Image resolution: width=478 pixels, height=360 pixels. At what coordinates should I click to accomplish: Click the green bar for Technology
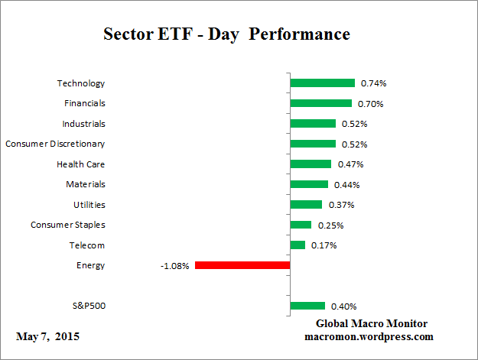[322, 83]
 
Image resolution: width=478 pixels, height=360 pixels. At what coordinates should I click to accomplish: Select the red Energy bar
[242, 265]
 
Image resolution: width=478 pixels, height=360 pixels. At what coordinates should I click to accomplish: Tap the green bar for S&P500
[307, 306]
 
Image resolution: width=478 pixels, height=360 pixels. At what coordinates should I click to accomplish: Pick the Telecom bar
[298, 245]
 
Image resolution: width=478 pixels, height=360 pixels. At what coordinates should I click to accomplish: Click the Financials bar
[320, 103]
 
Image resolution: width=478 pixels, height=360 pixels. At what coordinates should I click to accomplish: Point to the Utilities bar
[306, 205]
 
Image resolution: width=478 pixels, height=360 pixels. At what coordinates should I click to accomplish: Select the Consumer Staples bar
[301, 225]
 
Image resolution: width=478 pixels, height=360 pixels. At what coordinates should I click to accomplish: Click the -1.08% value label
[174, 266]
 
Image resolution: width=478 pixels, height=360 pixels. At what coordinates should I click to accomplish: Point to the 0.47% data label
[350, 164]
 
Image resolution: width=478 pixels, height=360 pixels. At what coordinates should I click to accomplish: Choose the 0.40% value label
[344, 306]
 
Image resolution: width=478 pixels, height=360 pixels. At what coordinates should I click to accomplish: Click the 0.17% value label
[324, 245]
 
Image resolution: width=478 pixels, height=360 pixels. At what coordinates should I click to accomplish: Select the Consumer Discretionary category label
[55, 144]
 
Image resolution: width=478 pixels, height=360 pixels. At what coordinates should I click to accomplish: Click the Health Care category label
[80, 164]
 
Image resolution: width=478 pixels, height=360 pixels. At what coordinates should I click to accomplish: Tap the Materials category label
[85, 184]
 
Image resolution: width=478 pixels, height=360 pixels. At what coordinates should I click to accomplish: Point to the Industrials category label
[83, 124]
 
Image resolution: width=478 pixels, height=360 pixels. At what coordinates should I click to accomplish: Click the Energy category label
[91, 265]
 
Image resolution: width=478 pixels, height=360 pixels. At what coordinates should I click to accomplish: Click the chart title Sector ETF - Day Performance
[226, 35]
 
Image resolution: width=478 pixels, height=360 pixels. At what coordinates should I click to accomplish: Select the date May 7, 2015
[47, 336]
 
